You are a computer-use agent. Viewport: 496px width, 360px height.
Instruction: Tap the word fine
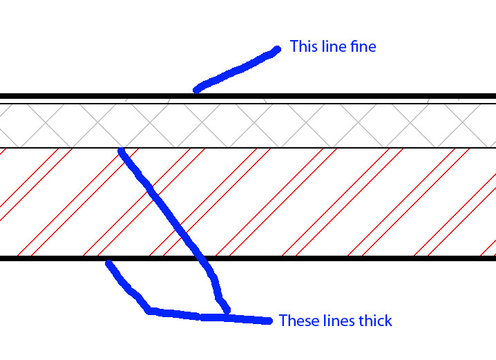click(361, 47)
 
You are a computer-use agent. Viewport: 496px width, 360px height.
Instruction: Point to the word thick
click(376, 321)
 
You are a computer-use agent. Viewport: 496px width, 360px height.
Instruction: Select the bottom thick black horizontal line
click(345, 258)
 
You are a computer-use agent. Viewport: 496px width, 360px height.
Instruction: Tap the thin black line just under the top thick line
click(345, 104)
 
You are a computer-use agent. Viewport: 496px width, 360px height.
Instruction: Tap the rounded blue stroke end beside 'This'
click(276, 49)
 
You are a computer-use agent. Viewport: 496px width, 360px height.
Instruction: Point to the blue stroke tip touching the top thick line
click(197, 89)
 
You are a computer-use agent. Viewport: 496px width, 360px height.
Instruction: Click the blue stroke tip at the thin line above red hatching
click(122, 151)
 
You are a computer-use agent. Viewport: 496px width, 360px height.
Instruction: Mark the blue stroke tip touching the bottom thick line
click(108, 263)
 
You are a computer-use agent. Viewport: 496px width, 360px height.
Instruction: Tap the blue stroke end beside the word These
click(268, 321)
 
